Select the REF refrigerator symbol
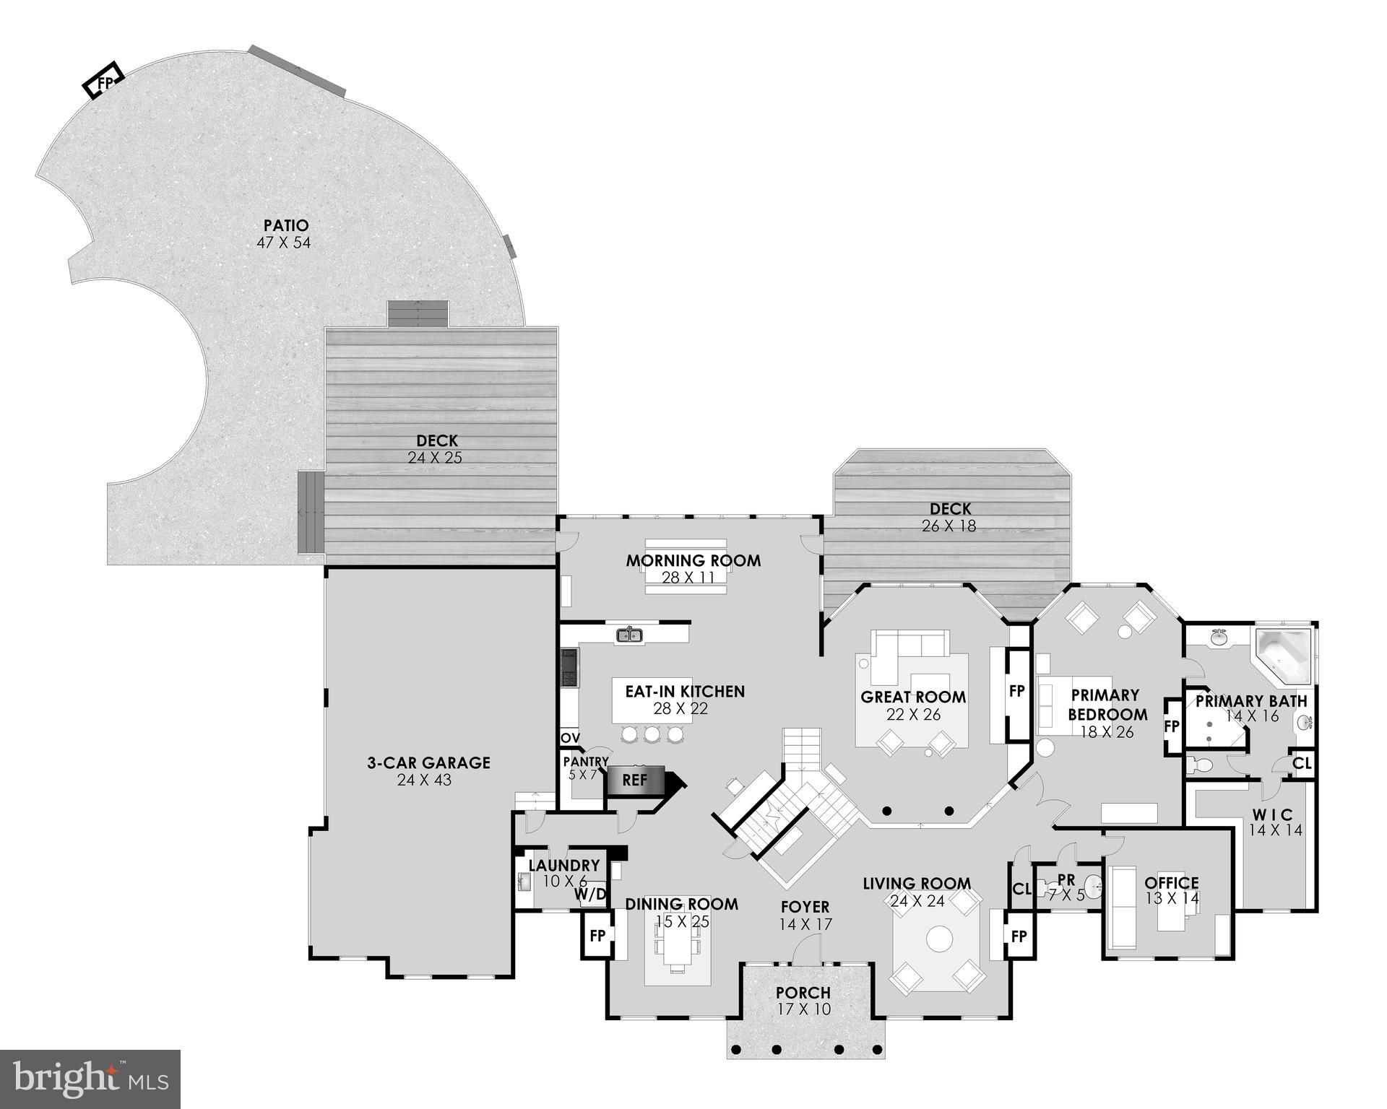point(634,780)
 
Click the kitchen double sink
point(630,635)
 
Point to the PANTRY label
point(586,762)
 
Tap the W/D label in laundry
point(590,895)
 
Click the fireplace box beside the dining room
point(597,936)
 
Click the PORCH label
point(803,993)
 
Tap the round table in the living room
point(940,939)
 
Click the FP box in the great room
point(1016,691)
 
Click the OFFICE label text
point(1172,882)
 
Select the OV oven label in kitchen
point(570,738)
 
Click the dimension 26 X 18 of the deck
point(949,526)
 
